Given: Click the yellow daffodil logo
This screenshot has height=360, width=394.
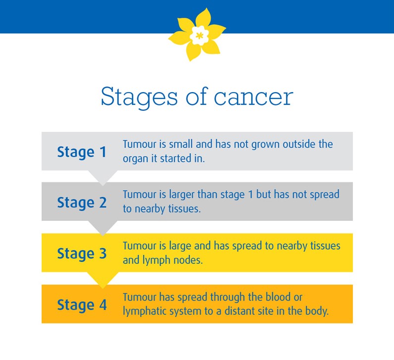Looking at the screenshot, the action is pos(197,35).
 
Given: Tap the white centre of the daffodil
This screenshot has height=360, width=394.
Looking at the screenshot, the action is pos(199,35).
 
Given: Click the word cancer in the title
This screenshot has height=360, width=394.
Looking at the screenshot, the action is pos(253,97).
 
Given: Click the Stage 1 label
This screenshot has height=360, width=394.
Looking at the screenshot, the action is pos(82,152).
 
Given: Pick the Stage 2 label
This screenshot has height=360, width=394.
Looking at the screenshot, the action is pos(82,203).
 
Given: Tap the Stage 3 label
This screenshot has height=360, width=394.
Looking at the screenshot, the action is pos(82,254).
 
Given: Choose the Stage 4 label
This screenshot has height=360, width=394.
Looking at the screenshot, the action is pos(82,305).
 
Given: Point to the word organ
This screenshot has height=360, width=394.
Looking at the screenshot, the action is pos(135,159).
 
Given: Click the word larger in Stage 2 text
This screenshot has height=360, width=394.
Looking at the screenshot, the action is pos(182,195).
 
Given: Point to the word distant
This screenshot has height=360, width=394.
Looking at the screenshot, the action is pos(241,311).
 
